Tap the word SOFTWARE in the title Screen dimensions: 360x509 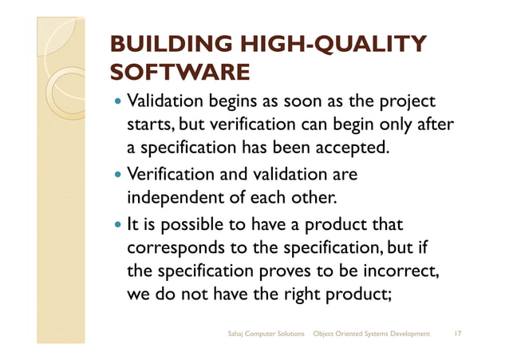coord(179,74)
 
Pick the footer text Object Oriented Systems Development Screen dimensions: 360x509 coord(372,333)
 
